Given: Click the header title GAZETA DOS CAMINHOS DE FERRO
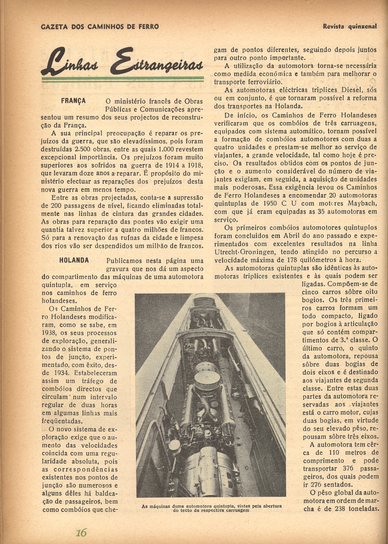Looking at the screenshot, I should pos(100,27).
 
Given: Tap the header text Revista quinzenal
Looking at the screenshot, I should pos(350,27).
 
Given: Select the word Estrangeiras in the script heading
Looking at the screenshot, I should pos(157,62).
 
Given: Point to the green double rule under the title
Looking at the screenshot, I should pos(123,79).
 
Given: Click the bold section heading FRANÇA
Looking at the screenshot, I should pos(73,101).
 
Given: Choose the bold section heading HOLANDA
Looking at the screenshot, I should pos(74,260).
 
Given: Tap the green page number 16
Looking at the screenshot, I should pos(81,532).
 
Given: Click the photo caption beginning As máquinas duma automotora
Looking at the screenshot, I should pos(211,508).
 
